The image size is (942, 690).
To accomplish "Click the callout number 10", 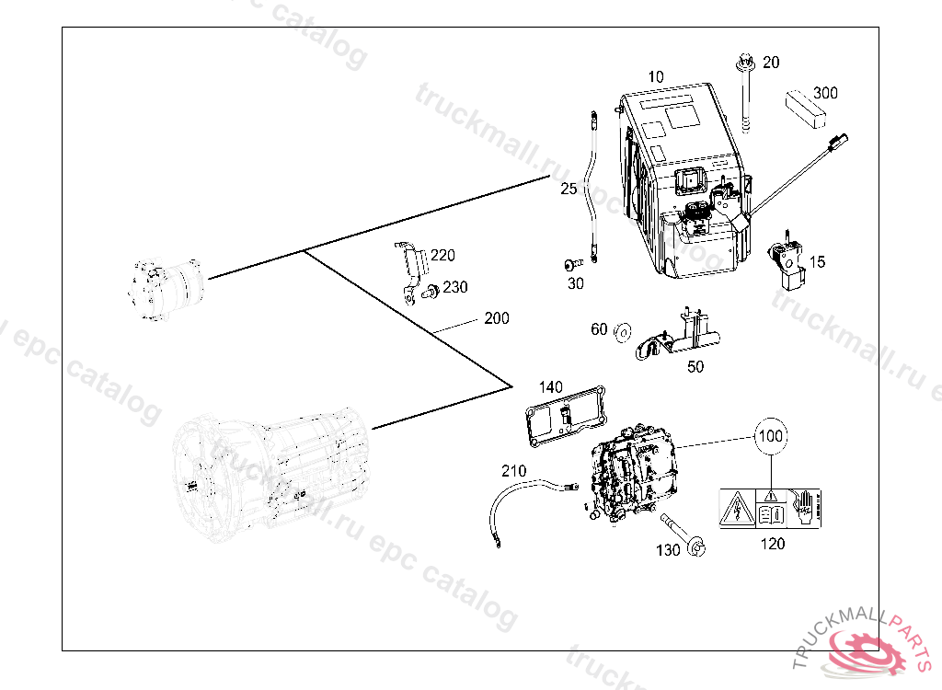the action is pos(656,77).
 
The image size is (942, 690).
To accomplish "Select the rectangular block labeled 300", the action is pos(805,109).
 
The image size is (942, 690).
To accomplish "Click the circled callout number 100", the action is pos(771,436).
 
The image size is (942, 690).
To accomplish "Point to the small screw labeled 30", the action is pos(574,264).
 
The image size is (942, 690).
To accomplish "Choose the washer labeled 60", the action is pos(623,332).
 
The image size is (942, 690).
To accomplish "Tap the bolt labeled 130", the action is pos(684,534).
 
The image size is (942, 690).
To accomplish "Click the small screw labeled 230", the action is pos(431,292).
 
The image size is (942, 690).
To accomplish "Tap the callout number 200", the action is pos(497,318).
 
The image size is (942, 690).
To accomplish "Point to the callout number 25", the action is pos(569,189).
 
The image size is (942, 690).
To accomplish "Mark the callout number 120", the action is pos(773,544).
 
